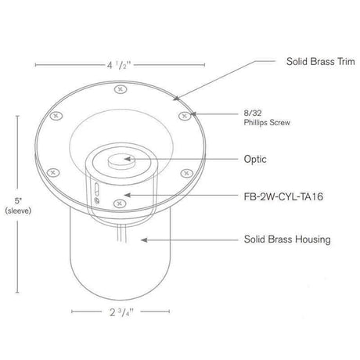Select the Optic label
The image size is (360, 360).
[x=255, y=159]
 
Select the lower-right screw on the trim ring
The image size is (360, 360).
[x=185, y=171]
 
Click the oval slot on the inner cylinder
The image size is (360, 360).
[x=92, y=190]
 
